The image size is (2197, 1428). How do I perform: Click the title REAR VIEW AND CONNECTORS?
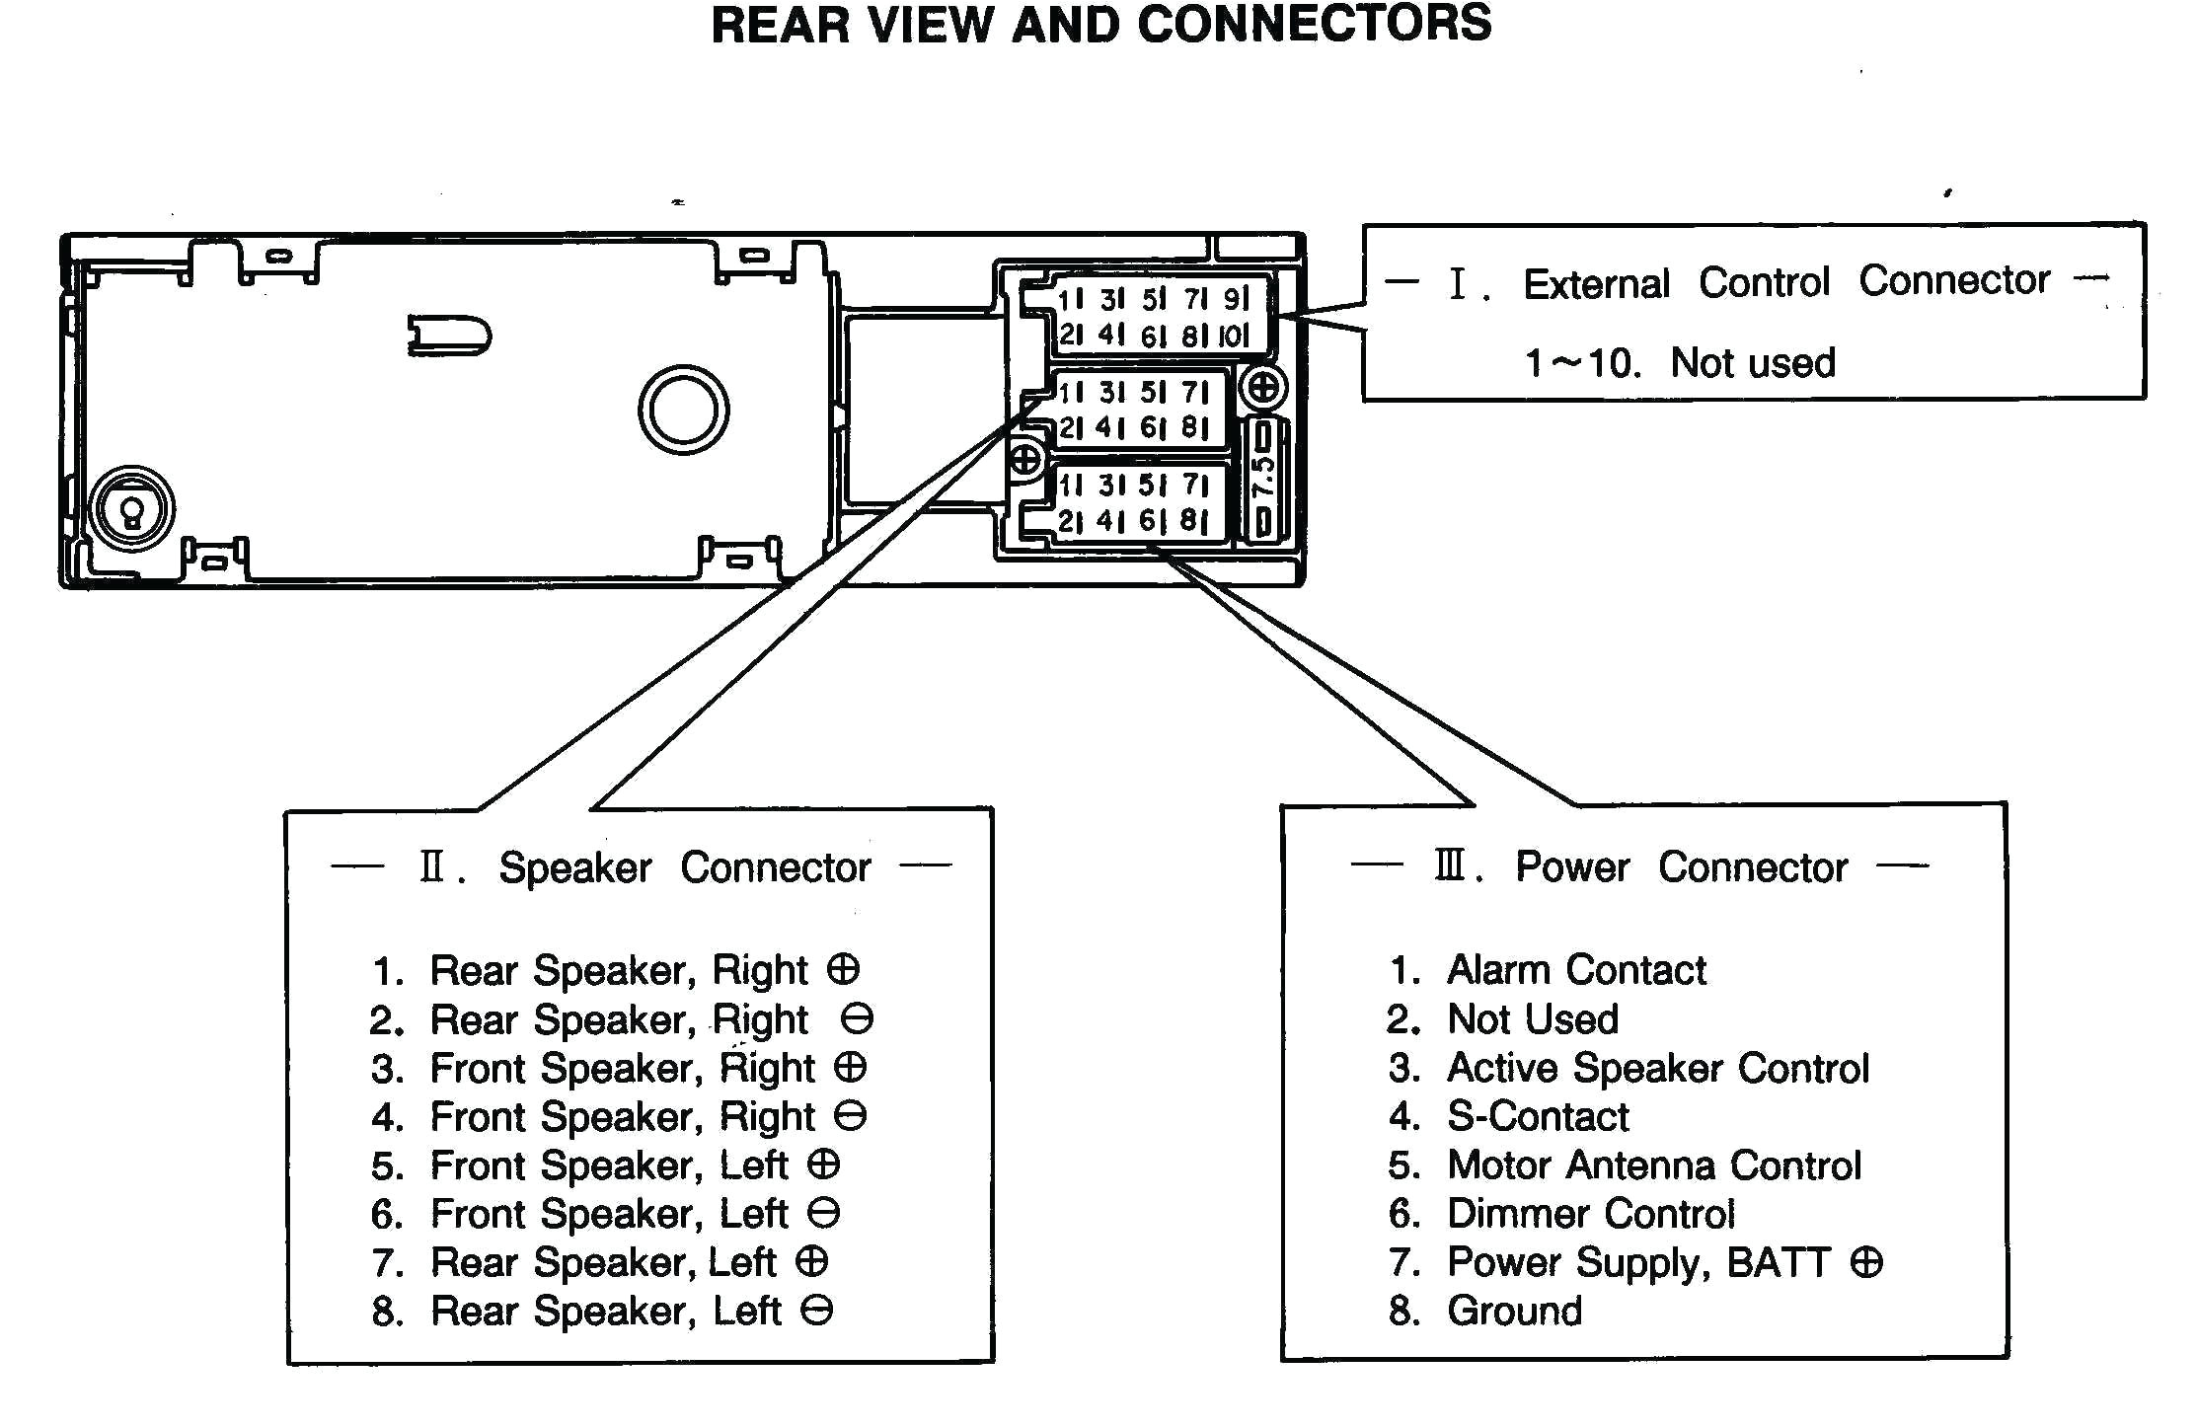pyautogui.click(x=1100, y=25)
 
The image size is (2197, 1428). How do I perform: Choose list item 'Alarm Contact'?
pyautogui.click(x=1575, y=970)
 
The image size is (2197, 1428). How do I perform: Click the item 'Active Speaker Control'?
pyautogui.click(x=1657, y=1068)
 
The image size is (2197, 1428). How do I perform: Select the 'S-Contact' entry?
pyautogui.click(x=1537, y=1116)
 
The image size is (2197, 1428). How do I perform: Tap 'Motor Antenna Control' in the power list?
pyautogui.click(x=1653, y=1165)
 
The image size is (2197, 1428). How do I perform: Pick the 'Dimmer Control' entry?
pyautogui.click(x=1590, y=1214)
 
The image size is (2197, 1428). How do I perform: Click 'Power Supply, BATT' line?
pyautogui.click(x=1638, y=1262)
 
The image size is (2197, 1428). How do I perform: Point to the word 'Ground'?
pyautogui.click(x=1514, y=1312)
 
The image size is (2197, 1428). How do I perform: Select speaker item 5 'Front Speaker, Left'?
pyautogui.click(x=608, y=1165)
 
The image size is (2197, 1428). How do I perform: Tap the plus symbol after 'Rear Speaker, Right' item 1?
pyautogui.click(x=843, y=969)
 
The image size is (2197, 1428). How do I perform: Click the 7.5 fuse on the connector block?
pyautogui.click(x=1262, y=479)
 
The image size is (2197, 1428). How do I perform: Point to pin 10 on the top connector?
pyautogui.click(x=1234, y=336)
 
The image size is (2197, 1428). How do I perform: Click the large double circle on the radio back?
pyautogui.click(x=683, y=410)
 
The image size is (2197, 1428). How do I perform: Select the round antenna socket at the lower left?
pyautogui.click(x=131, y=510)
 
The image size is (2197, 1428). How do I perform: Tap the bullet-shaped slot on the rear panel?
pyautogui.click(x=449, y=336)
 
